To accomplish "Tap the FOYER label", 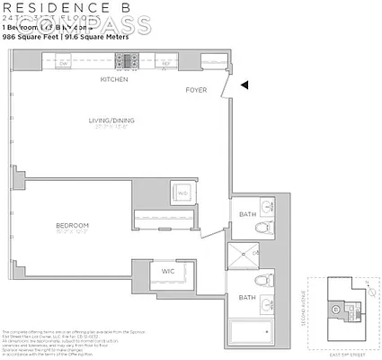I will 196,90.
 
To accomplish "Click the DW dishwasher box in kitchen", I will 64,63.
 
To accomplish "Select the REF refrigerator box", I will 166,63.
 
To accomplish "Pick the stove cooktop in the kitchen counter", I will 127,62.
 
